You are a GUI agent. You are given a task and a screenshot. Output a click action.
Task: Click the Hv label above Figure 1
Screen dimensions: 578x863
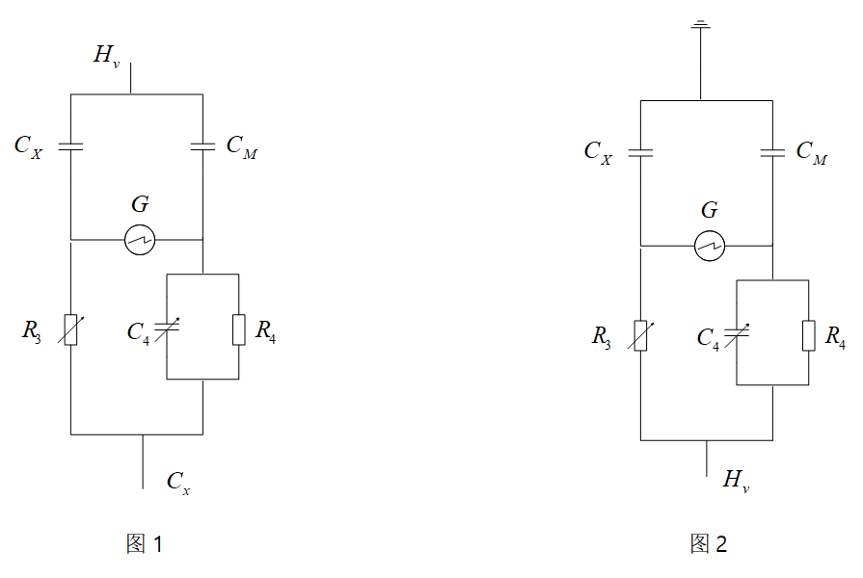click(105, 56)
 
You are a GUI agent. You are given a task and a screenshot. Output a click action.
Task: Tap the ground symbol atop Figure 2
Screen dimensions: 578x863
click(701, 26)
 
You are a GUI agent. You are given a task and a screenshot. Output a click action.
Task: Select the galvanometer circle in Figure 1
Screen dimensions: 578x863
click(140, 240)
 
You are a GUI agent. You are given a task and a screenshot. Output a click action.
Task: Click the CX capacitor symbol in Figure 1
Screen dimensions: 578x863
click(70, 146)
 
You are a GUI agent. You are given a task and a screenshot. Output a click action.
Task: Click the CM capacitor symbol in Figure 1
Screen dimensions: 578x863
click(202, 146)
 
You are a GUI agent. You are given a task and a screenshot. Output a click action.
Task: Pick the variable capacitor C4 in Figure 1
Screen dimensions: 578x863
click(168, 328)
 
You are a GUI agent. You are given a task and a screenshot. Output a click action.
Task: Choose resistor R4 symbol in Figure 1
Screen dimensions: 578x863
click(238, 328)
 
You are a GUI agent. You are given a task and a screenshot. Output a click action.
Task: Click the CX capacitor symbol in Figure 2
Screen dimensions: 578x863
click(640, 152)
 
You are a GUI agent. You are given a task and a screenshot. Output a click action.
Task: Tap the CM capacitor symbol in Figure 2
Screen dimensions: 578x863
click(772, 152)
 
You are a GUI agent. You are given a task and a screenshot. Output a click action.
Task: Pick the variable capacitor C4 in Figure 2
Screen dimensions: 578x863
click(738, 333)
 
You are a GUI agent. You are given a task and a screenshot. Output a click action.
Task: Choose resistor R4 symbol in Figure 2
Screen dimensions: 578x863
click(808, 333)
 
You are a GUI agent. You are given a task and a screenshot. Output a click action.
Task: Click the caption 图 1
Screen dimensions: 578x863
click(144, 544)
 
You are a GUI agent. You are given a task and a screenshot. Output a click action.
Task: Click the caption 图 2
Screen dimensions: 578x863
click(709, 544)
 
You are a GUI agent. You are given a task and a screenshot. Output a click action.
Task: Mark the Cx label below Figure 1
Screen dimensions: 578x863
click(178, 482)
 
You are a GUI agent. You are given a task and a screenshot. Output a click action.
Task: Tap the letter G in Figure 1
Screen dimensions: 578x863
click(140, 204)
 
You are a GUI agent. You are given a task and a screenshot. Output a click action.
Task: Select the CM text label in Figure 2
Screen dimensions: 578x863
click(811, 152)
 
